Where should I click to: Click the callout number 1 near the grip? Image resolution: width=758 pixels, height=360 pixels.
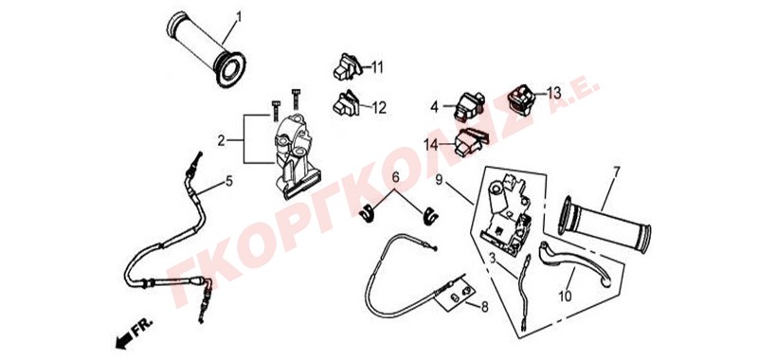pyautogui.click(x=239, y=18)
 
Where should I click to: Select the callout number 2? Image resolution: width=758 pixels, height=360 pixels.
pyautogui.click(x=221, y=140)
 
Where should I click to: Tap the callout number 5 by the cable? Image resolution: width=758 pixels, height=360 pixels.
pyautogui.click(x=228, y=181)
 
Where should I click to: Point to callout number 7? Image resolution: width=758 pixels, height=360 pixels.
pyautogui.click(x=617, y=171)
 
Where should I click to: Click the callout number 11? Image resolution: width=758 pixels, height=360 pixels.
pyautogui.click(x=376, y=67)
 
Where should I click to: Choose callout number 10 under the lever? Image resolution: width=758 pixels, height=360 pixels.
pyautogui.click(x=565, y=296)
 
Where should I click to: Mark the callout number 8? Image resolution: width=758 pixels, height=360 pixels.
pyautogui.click(x=484, y=306)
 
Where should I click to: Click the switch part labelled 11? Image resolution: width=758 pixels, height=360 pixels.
pyautogui.click(x=348, y=66)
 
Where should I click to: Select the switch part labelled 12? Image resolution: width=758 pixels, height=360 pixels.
pyautogui.click(x=346, y=103)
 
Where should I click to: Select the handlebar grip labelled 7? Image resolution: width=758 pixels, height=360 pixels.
pyautogui.click(x=605, y=224)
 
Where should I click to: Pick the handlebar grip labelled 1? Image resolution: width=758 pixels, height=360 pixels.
pyautogui.click(x=206, y=49)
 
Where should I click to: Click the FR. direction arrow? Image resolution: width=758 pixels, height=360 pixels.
pyautogui.click(x=123, y=340)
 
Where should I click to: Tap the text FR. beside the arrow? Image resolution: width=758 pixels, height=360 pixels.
pyautogui.click(x=143, y=328)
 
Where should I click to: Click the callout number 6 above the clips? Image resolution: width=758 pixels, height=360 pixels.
pyautogui.click(x=395, y=177)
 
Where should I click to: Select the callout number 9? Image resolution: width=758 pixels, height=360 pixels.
pyautogui.click(x=439, y=180)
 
